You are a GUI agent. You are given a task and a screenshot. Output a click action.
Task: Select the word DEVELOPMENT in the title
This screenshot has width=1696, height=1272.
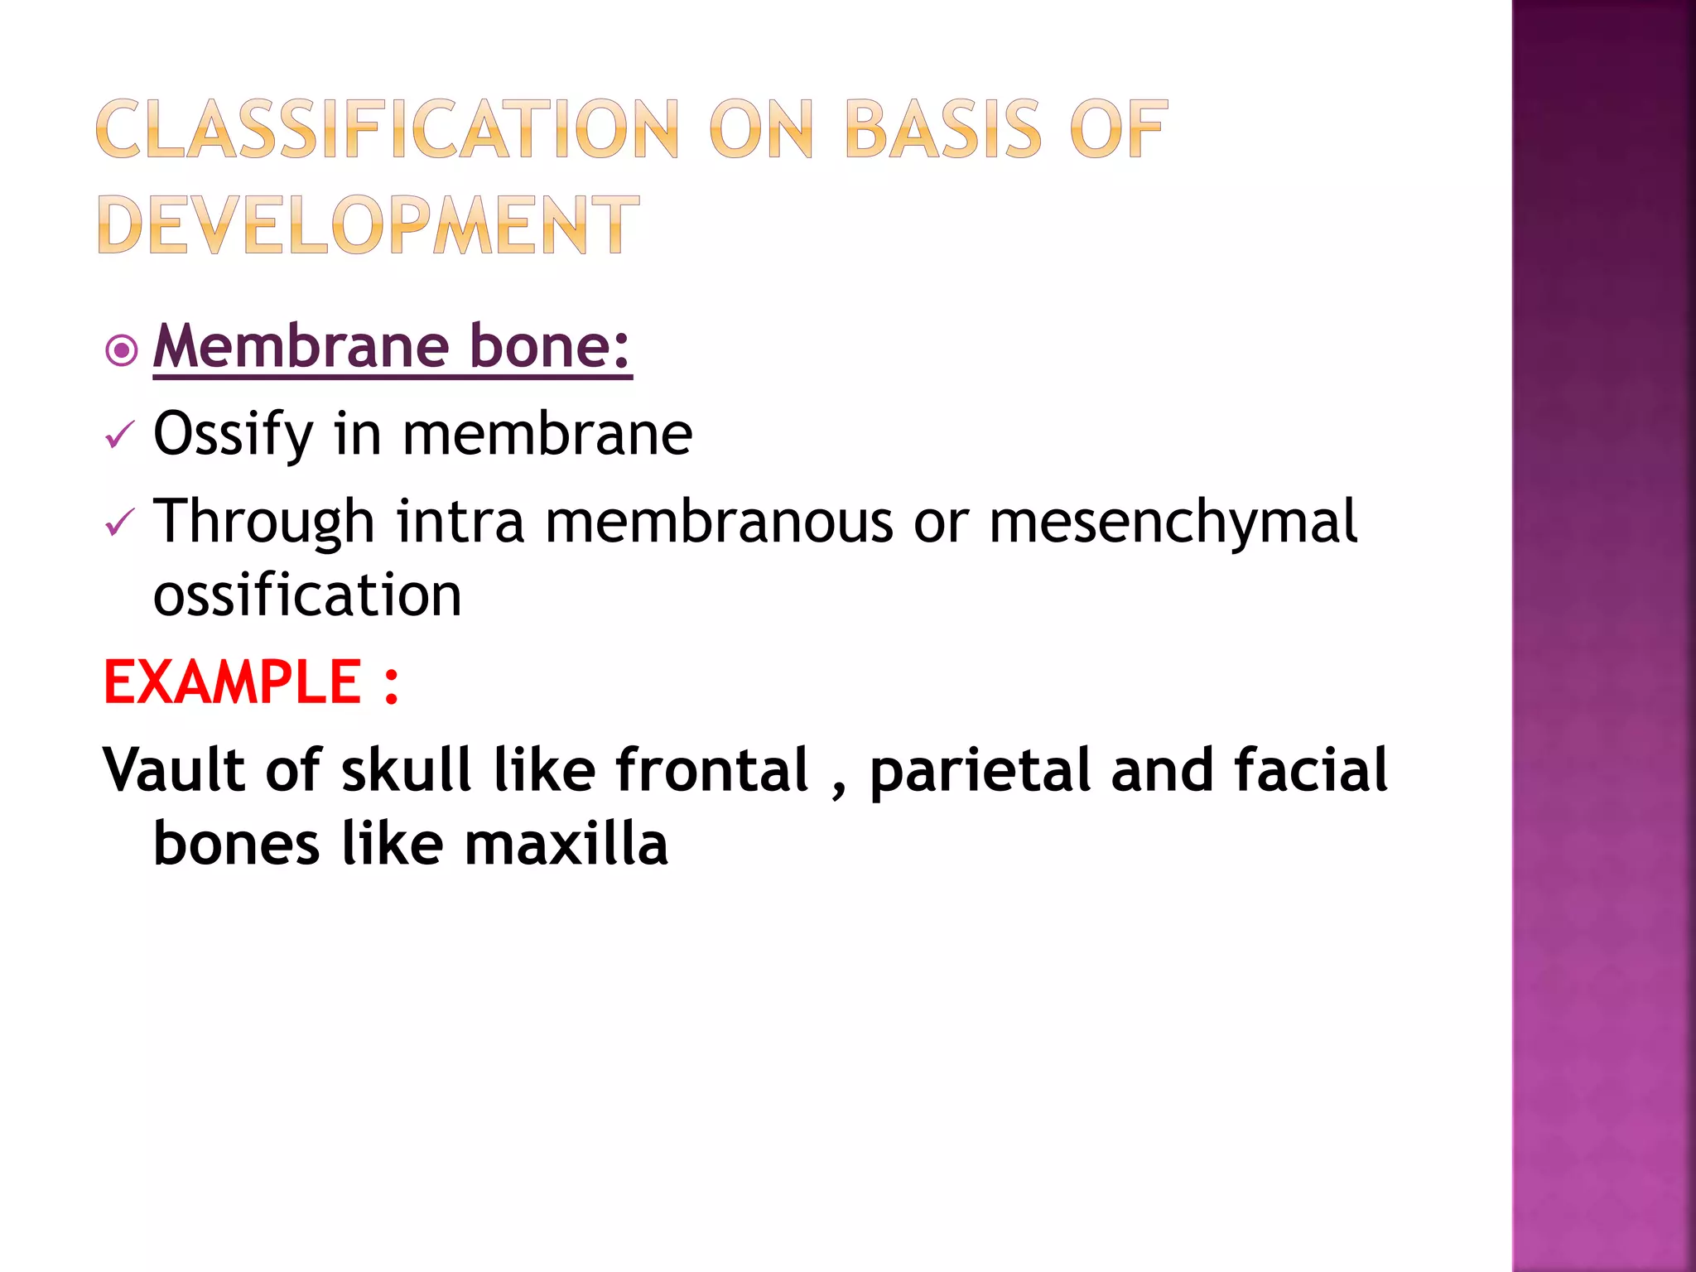pos(369,224)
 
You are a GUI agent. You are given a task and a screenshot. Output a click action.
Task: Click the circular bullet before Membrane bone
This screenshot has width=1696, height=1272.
pos(122,351)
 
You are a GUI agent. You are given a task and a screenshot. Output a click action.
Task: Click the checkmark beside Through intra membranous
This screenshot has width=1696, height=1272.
pos(120,523)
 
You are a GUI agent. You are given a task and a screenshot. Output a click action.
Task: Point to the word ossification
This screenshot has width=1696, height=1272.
pos(307,595)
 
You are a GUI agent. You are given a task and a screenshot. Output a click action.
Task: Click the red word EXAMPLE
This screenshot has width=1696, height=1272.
pos(233,683)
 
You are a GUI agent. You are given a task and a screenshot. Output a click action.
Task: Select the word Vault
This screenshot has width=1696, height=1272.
pos(173,770)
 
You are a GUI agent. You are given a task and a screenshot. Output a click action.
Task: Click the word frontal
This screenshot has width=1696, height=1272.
pos(712,770)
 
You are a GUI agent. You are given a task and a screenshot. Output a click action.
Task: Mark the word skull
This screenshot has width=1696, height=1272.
pos(406,770)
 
